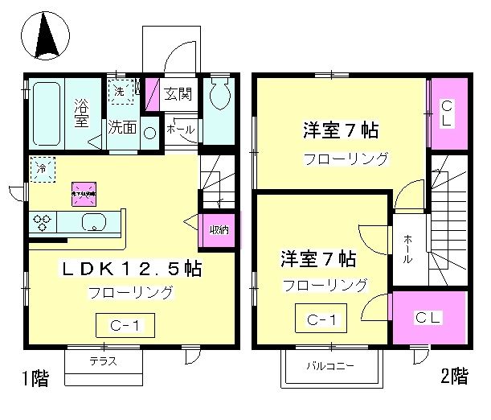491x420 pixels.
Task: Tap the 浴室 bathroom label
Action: tap(81, 112)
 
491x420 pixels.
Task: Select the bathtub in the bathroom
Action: tap(47, 112)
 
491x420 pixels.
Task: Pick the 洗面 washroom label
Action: tap(122, 127)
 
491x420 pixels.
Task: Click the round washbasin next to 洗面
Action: tap(150, 134)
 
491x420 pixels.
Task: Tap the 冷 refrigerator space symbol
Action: tap(40, 167)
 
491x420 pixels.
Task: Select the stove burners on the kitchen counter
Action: tap(42, 224)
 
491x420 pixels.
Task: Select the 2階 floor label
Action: tap(454, 375)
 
